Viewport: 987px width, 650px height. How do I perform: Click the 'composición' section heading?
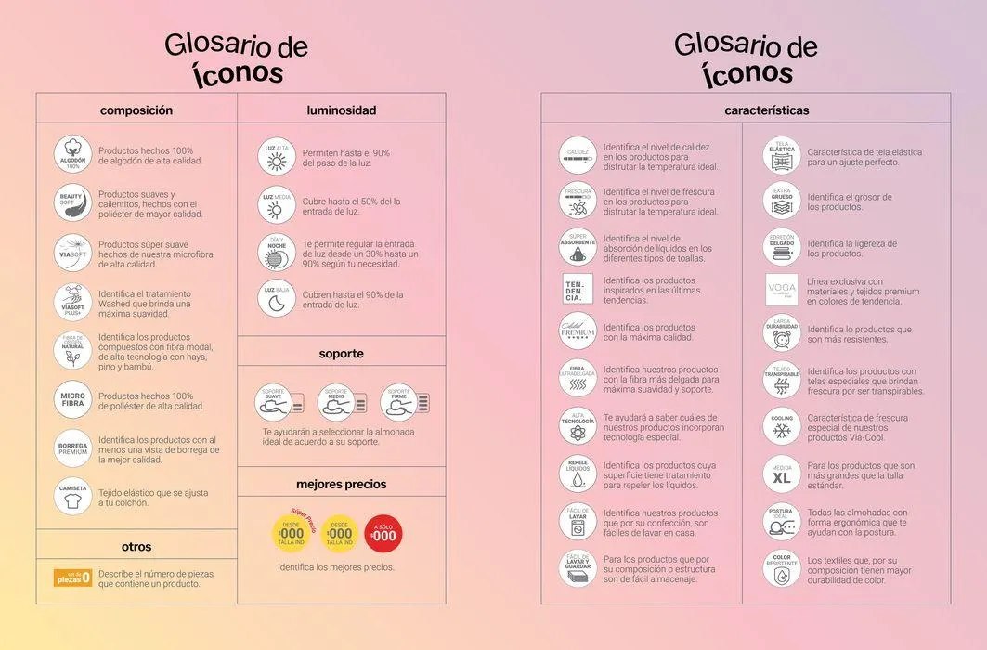click(136, 110)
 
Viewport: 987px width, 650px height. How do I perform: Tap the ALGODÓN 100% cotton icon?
click(72, 155)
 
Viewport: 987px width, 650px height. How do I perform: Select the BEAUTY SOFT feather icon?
click(72, 203)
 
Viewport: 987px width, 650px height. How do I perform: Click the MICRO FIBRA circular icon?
click(72, 400)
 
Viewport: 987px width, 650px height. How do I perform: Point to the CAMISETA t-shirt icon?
click(72, 497)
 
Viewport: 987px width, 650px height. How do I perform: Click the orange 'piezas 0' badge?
click(72, 578)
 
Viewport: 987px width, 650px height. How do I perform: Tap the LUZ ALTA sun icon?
click(277, 157)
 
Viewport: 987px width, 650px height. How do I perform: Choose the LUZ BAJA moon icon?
click(277, 298)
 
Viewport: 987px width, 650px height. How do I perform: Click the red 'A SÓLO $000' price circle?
click(383, 534)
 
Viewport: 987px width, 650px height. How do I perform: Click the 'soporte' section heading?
click(341, 354)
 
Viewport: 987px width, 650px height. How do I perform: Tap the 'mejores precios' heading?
click(341, 484)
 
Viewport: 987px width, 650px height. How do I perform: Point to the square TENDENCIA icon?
click(578, 289)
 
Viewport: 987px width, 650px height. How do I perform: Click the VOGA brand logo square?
click(781, 290)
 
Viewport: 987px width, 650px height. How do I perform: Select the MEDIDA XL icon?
click(781, 474)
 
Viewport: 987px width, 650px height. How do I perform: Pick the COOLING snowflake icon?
click(781, 427)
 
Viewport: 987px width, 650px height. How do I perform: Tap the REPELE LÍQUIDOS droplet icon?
click(578, 474)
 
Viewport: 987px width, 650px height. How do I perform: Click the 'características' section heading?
click(766, 110)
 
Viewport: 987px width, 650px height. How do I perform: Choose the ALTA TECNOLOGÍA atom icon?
click(578, 427)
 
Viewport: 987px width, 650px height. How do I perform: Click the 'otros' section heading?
click(136, 547)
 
